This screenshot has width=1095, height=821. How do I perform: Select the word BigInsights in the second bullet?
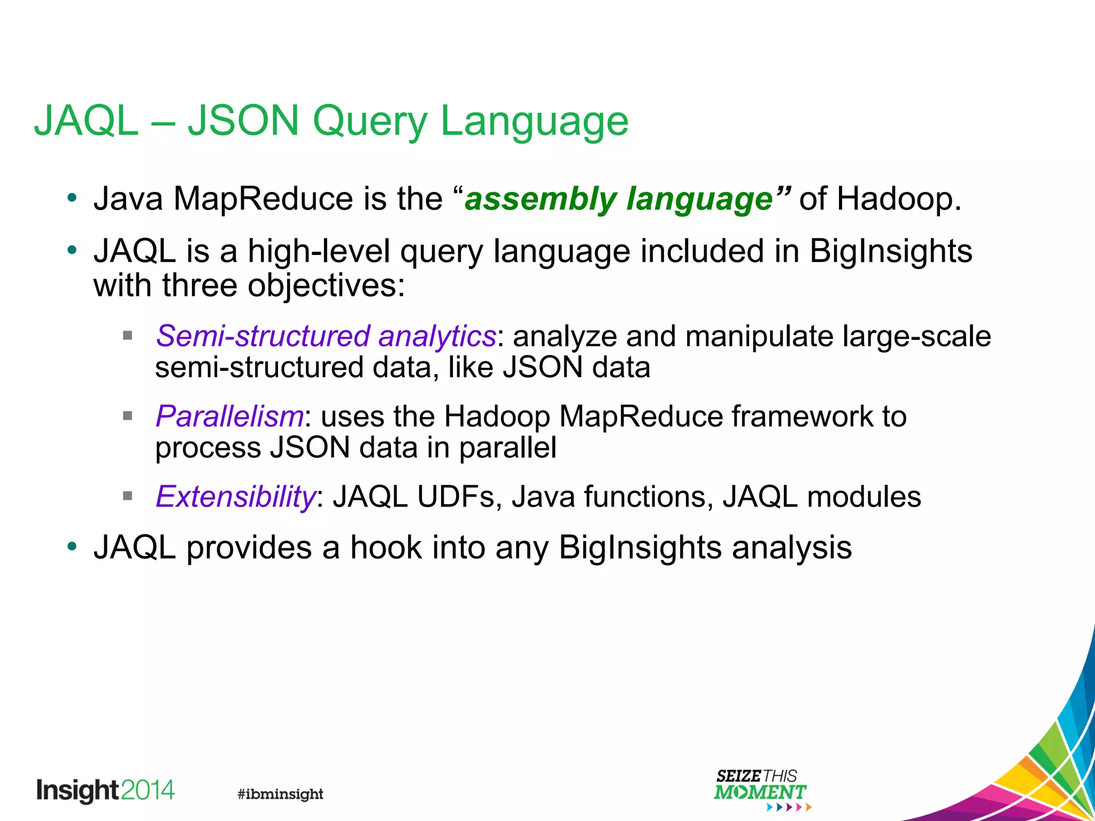(891, 251)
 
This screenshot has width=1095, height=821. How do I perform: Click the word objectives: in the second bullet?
(326, 286)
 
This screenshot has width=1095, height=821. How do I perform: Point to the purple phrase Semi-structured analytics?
(326, 337)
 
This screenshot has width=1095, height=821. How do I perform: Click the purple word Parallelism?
(229, 416)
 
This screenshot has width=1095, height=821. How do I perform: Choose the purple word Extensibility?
(235, 497)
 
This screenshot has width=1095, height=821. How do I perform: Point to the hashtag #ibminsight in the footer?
(280, 794)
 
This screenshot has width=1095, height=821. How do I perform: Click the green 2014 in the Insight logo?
(148, 790)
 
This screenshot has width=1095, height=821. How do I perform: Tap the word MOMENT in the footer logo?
(760, 792)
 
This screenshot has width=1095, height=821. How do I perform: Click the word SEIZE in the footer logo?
(738, 776)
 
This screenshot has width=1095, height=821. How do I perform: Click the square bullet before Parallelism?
(127, 416)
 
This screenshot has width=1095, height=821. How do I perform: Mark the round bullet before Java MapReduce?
(72, 199)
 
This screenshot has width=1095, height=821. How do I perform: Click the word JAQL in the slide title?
(86, 122)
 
